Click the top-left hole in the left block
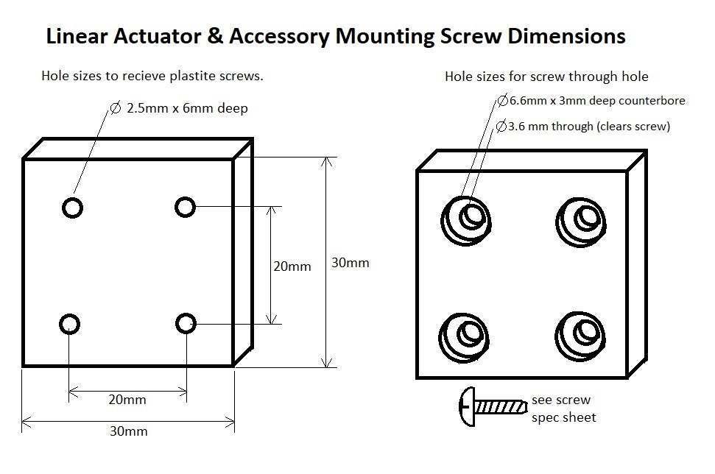click(x=72, y=208)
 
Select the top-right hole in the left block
click(x=185, y=207)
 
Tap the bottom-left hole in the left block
click(x=69, y=324)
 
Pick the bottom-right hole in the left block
click(x=186, y=323)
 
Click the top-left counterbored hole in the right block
click(x=467, y=218)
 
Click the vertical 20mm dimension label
click(x=292, y=266)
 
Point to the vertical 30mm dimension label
click(x=350, y=262)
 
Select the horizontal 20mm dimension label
click(x=127, y=400)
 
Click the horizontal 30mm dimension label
click(x=128, y=431)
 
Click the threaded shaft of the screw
click(x=501, y=406)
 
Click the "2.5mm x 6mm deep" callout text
click(x=187, y=108)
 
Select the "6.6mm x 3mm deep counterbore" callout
click(x=597, y=101)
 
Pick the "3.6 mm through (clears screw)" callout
click(x=589, y=127)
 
